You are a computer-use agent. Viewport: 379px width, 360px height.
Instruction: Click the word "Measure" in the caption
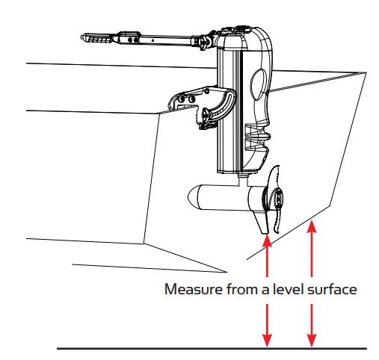(192, 289)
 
